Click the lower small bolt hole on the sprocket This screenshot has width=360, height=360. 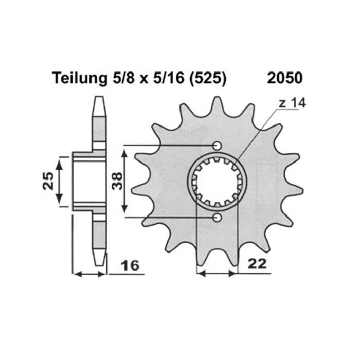218,218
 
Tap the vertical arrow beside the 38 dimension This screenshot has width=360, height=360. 123,181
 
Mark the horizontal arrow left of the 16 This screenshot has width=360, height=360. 89,274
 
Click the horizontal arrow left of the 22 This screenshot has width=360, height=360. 218,274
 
